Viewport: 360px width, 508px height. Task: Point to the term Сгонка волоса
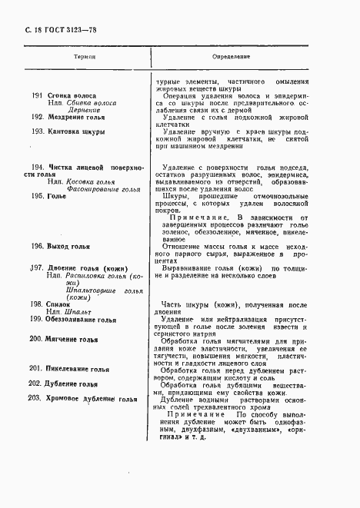point(72,95)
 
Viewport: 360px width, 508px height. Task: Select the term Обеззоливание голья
point(82,320)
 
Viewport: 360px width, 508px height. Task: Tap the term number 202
point(35,383)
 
